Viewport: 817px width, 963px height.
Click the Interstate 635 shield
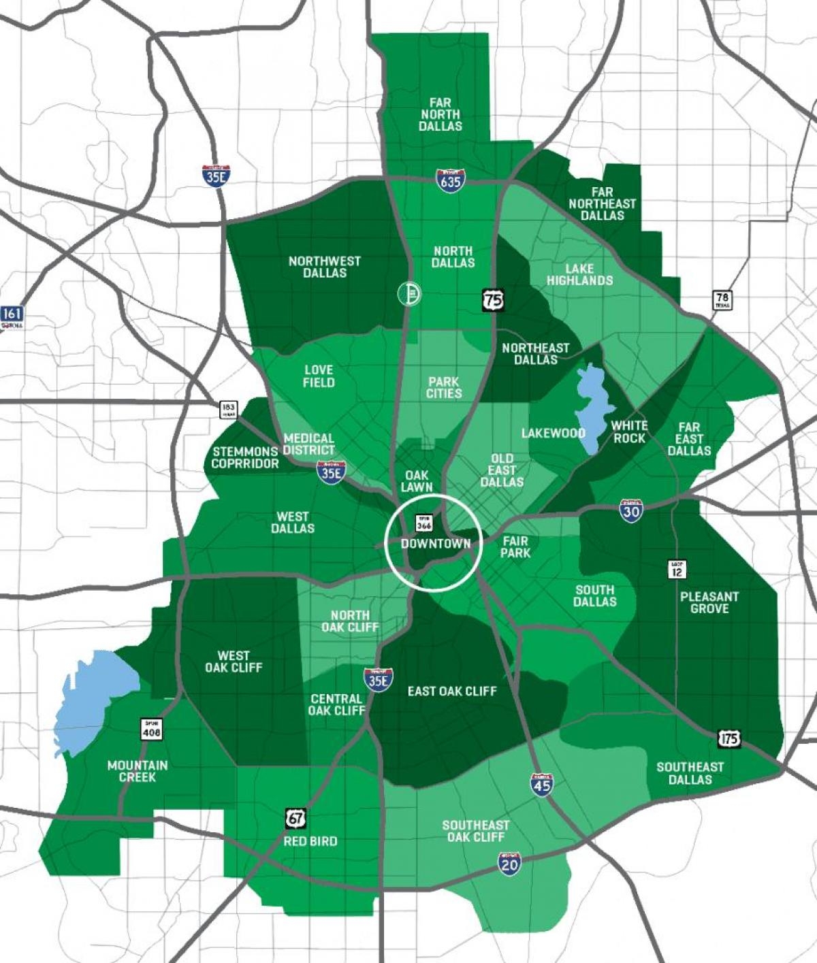coord(450,181)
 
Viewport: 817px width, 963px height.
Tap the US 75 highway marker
coord(493,299)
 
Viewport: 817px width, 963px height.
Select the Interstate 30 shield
coord(631,510)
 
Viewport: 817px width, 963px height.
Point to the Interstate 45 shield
coord(541,785)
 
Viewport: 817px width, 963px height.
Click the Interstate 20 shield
coord(509,864)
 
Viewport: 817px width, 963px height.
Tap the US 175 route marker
coord(728,738)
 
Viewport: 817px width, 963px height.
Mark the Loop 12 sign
coord(677,569)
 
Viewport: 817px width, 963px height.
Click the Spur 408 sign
coord(151,728)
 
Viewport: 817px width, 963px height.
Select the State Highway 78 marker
coord(722,299)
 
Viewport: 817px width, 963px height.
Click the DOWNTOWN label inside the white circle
coord(436,543)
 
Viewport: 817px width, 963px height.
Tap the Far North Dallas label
coord(440,114)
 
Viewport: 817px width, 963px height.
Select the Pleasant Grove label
coord(709,602)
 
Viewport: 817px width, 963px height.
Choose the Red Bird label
coord(310,841)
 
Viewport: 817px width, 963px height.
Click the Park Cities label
coord(444,387)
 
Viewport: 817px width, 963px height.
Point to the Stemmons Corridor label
coord(245,457)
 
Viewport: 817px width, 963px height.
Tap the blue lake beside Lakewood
coord(588,405)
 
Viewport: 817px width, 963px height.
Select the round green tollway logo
coord(409,293)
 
